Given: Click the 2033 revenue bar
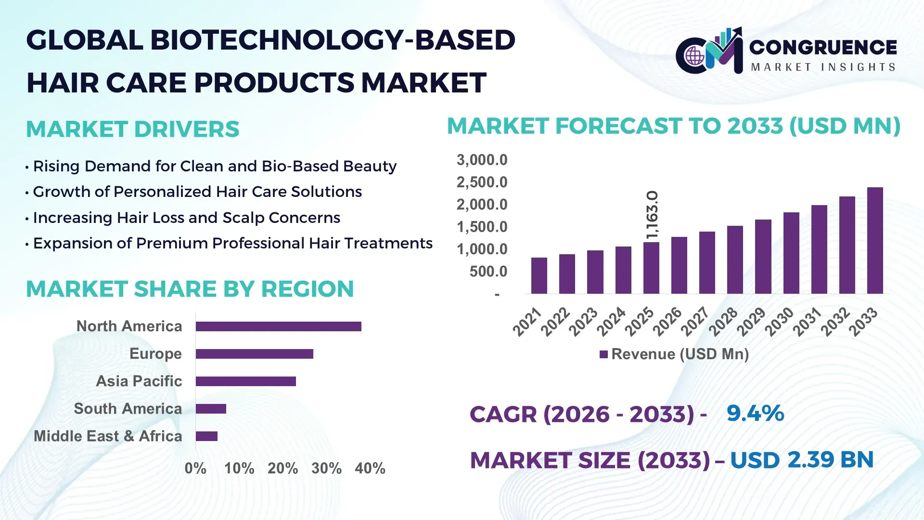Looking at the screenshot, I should point(874,241).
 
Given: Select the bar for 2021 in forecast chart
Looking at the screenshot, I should point(539,276).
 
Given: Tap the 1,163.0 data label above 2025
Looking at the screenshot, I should point(652,215).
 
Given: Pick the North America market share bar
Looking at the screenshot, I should point(278,326).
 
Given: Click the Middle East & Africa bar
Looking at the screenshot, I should point(206,436).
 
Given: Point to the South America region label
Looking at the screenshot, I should point(128,409).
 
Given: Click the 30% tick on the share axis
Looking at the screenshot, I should point(326,468).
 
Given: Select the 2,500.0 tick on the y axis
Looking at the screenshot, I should point(482,182).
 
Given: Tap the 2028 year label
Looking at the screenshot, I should point(723,322).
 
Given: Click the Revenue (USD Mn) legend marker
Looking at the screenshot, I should point(603,355).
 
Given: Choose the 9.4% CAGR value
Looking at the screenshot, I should point(755,414).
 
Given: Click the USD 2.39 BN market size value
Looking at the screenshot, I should point(801,460).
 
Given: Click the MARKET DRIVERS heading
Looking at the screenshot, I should point(132,129).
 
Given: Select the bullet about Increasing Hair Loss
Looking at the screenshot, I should point(186,218).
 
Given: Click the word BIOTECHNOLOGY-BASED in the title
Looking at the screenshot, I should point(333,40).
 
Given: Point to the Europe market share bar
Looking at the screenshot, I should point(254,354).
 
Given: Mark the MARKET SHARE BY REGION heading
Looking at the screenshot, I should point(190,289).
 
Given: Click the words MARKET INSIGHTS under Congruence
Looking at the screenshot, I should point(822,67).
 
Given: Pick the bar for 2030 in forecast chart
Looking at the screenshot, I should point(791,253).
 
